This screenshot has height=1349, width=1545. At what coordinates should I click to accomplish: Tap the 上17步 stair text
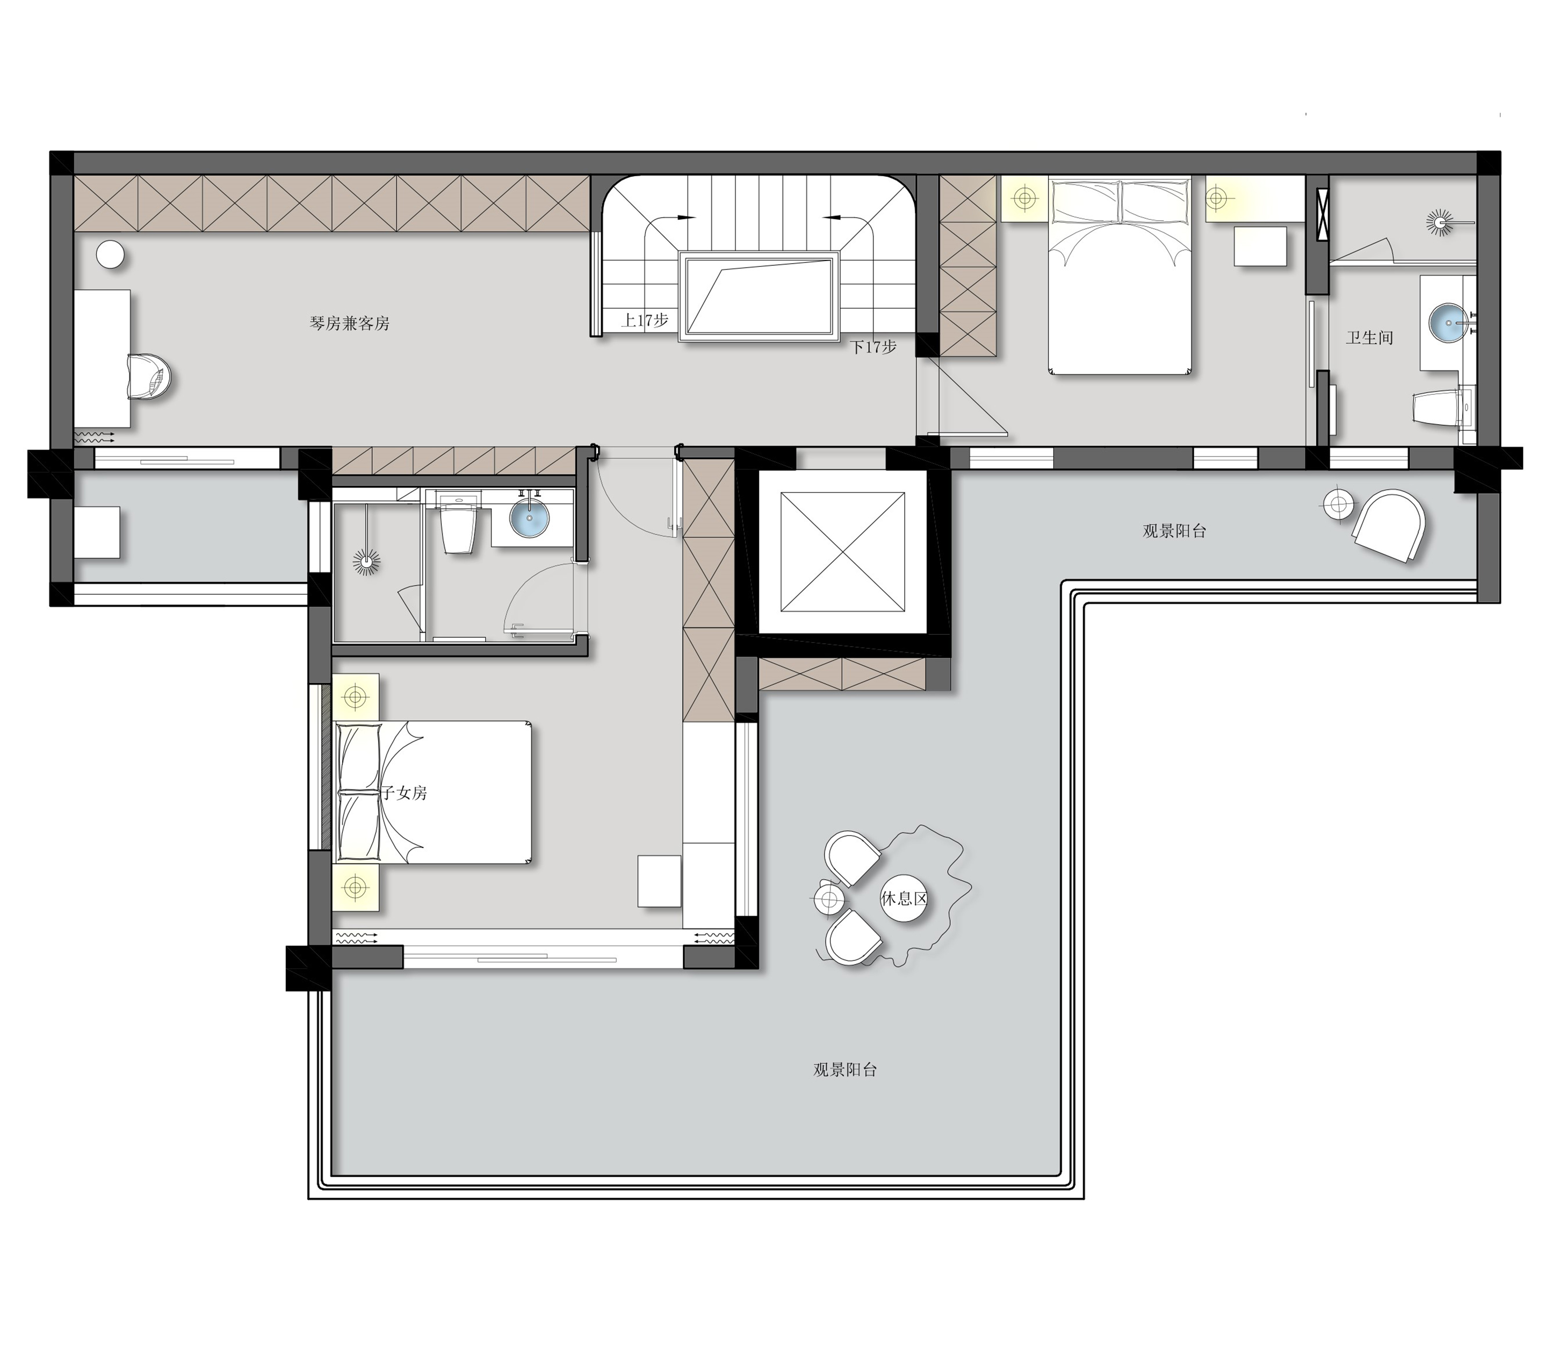pyautogui.click(x=645, y=320)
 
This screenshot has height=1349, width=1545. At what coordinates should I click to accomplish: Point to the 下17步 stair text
pyautogui.click(x=873, y=347)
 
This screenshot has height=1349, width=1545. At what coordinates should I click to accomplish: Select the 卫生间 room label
pyautogui.click(x=1369, y=338)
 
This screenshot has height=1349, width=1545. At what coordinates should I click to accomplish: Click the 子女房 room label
pyautogui.click(x=405, y=793)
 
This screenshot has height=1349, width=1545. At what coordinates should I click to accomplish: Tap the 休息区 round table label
pyautogui.click(x=904, y=898)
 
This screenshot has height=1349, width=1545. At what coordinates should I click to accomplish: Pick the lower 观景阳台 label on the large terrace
pyautogui.click(x=846, y=1070)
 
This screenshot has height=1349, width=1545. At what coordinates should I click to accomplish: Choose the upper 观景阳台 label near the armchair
pyautogui.click(x=1174, y=531)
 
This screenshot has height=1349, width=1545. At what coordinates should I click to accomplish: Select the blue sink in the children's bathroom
pyautogui.click(x=530, y=517)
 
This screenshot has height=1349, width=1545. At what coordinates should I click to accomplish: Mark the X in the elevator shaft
pyautogui.click(x=842, y=553)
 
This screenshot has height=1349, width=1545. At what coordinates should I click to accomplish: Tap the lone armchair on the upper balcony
pyautogui.click(x=1390, y=525)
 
